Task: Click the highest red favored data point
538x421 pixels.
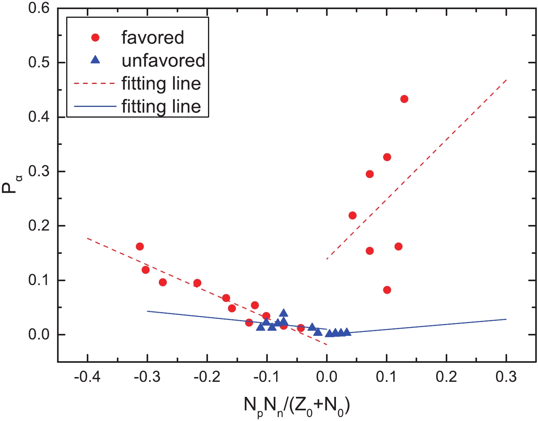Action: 404,99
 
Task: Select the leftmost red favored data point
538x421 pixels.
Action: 139,246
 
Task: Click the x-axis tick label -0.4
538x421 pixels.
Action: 87,377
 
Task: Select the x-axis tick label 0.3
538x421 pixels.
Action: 506,377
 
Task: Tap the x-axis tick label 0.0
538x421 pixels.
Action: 327,377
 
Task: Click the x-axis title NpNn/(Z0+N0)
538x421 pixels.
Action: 297,406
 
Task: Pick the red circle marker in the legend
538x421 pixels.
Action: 95,38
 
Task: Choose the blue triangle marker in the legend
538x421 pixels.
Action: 95,60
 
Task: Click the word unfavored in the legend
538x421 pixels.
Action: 163,60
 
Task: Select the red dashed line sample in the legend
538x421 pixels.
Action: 95,84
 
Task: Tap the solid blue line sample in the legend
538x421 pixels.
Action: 95,107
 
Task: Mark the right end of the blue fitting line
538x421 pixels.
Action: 506,319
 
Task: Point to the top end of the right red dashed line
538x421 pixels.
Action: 506,80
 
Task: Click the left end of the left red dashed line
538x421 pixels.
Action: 87,238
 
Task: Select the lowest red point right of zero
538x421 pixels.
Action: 387,290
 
